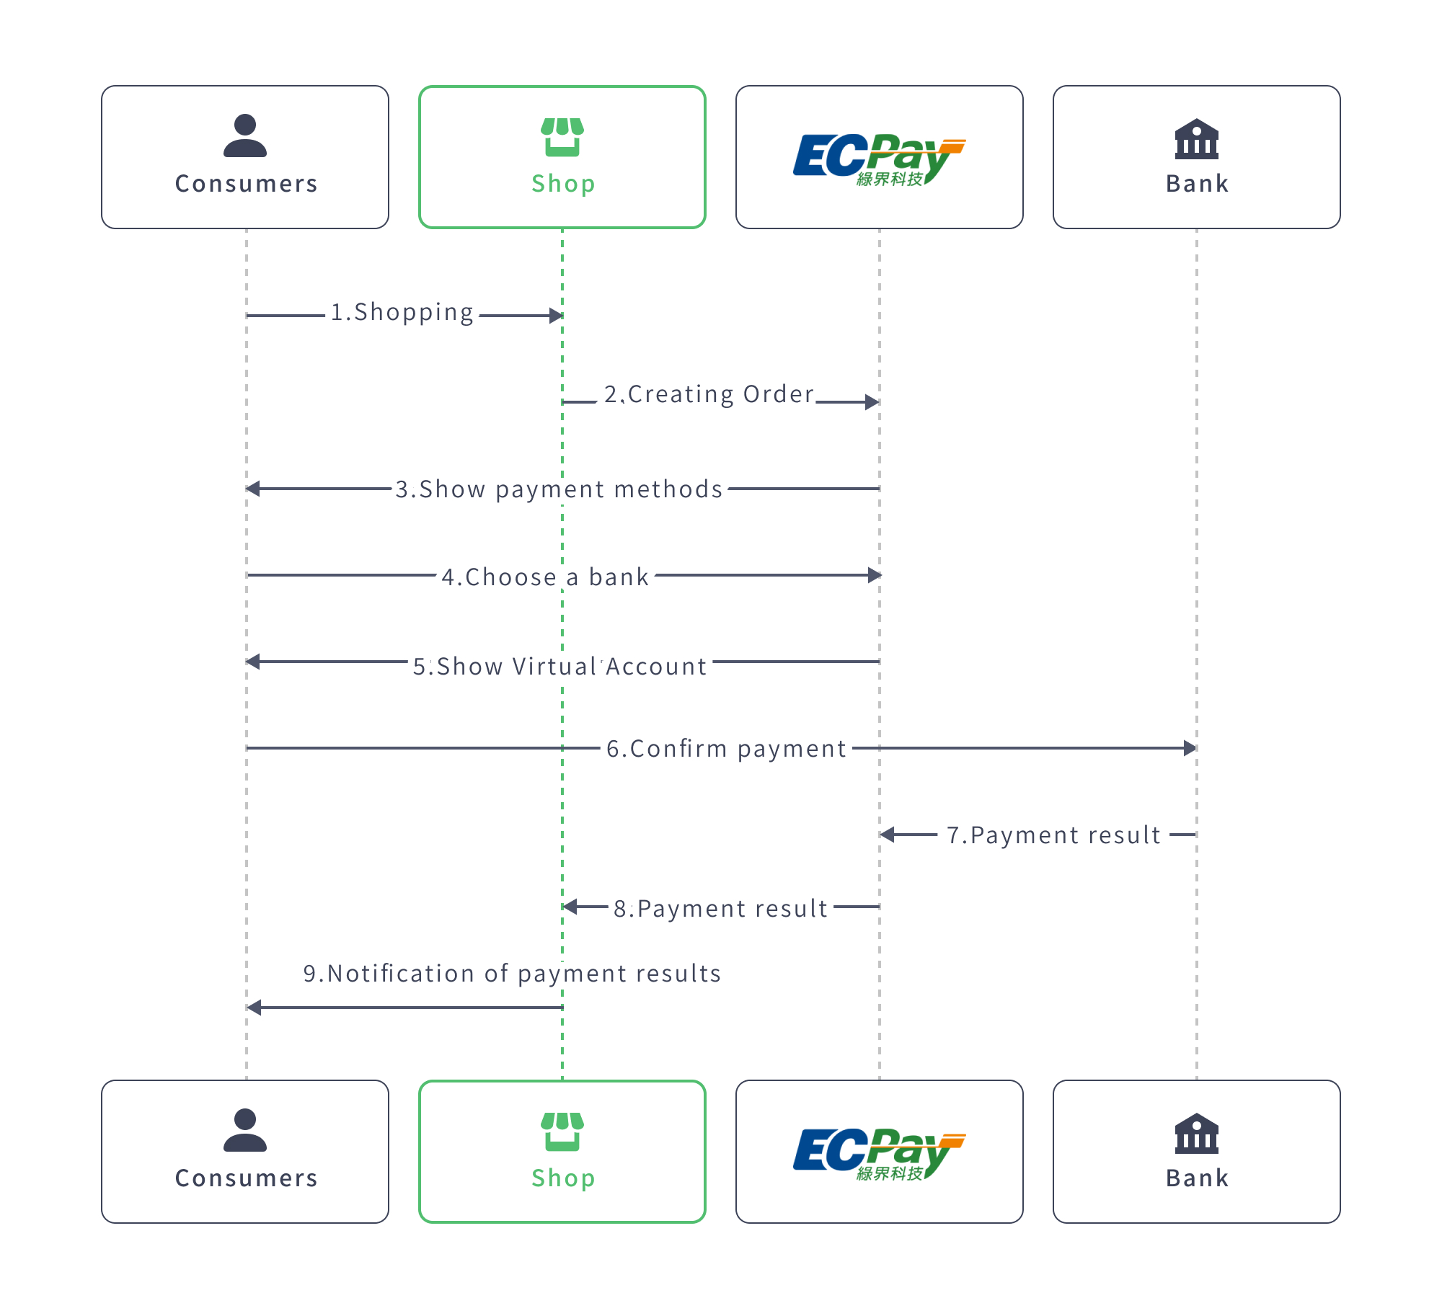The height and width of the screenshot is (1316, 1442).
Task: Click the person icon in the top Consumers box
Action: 245,135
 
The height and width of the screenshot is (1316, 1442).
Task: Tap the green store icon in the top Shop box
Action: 562,137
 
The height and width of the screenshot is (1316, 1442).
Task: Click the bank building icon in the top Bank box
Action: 1196,138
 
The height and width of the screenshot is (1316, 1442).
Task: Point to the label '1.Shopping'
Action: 402,313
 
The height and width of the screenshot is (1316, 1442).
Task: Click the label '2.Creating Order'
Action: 709,395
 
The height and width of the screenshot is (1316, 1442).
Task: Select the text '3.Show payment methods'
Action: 559,489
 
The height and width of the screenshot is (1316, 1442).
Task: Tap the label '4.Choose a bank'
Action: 545,577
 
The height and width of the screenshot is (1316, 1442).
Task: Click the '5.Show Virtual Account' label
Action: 559,667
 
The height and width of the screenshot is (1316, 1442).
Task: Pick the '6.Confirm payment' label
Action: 726,749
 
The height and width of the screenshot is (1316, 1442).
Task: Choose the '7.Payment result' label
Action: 1053,835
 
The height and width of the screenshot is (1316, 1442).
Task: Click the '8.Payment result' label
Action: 720,909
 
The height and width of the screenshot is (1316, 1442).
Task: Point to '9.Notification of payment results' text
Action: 512,974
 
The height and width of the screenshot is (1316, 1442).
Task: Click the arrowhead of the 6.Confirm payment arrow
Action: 1190,748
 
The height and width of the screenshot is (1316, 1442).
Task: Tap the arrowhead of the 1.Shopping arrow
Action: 555,316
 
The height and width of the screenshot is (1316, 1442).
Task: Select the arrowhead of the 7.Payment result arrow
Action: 888,835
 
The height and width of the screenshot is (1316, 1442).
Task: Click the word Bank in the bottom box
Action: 1197,1178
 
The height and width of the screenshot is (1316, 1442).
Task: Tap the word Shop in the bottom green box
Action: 563,1178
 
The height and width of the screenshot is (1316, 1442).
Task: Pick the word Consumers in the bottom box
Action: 246,1178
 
